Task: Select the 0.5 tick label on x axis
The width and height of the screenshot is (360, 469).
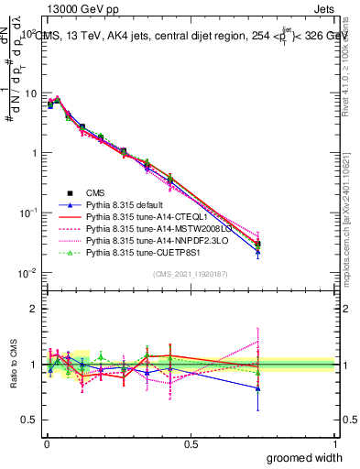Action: coord(191,443)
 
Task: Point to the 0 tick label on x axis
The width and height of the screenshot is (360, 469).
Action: coord(47,443)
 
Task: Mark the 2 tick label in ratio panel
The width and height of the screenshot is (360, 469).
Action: coord(34,309)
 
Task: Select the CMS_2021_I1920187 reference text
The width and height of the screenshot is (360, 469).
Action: coord(191,274)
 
